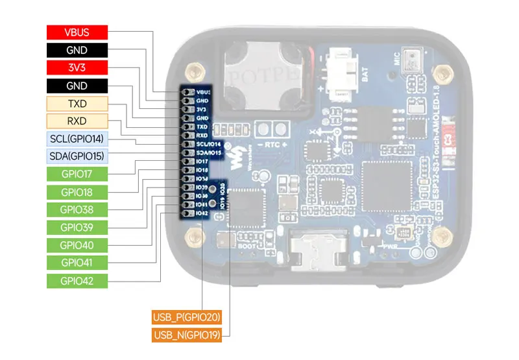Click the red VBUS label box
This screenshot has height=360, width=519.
point(77,32)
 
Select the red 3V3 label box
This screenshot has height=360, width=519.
point(77,67)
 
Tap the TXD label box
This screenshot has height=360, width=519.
point(77,103)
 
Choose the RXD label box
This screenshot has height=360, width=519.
point(77,121)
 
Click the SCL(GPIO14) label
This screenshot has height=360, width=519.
point(77,139)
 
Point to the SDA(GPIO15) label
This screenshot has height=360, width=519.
point(77,156)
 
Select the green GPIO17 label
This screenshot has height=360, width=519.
point(77,174)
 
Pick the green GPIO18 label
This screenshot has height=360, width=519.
point(77,192)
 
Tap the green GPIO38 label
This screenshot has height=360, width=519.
point(77,210)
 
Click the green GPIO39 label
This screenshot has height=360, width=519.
point(77,227)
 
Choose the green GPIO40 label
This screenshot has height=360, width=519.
point(77,245)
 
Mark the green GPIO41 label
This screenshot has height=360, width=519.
point(77,263)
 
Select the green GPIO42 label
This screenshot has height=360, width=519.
point(77,281)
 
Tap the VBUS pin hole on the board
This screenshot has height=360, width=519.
point(187,92)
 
